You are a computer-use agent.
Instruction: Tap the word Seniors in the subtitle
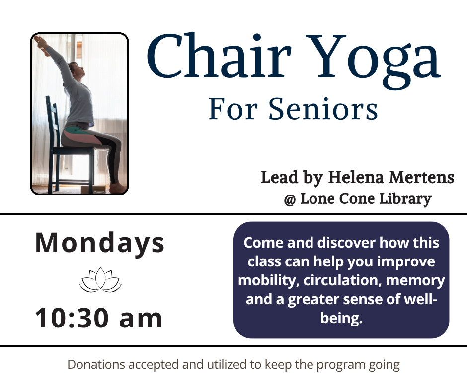(x=323, y=109)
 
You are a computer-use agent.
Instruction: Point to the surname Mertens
(x=422, y=177)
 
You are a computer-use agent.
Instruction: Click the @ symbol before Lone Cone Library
(x=290, y=199)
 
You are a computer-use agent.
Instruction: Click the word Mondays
(x=100, y=243)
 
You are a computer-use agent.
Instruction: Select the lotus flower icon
(x=100, y=280)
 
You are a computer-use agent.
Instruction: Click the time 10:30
(x=72, y=318)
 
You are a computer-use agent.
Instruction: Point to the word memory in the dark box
(x=415, y=281)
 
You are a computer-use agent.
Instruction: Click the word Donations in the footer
(x=96, y=365)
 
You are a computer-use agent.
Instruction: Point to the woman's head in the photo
(x=76, y=70)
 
